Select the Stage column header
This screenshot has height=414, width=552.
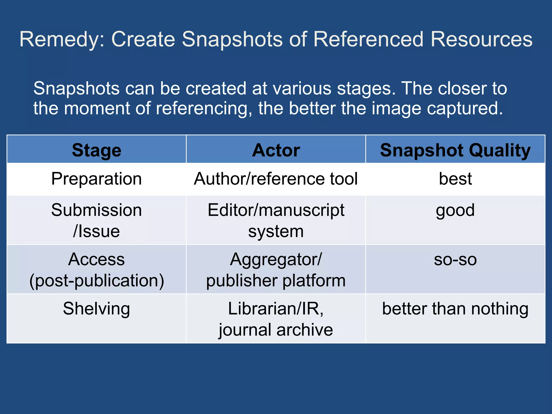[96, 150]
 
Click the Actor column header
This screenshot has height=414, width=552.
[276, 150]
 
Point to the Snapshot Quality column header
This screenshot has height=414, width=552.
[455, 150]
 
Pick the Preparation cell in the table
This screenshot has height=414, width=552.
[96, 179]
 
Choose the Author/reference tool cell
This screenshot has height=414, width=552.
[276, 179]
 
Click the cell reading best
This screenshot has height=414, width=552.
[455, 179]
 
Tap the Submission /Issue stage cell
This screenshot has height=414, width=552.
[96, 220]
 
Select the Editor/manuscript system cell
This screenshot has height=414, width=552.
[276, 220]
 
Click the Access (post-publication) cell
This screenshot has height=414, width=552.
[96, 270]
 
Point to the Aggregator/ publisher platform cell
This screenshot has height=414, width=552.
[276, 270]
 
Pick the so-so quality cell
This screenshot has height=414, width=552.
[455, 260]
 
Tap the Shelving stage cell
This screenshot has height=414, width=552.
[96, 309]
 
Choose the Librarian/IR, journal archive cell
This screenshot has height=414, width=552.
[276, 319]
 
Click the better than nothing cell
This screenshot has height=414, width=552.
[455, 309]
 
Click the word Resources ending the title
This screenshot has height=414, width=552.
[481, 40]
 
